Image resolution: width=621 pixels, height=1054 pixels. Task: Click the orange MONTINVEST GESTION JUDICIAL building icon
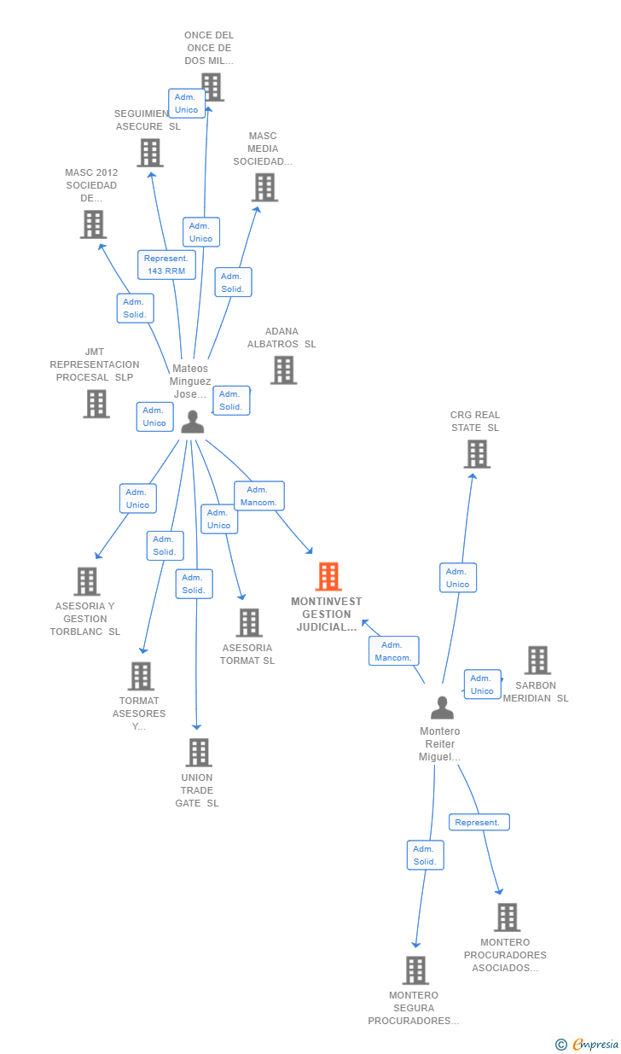pos(328,577)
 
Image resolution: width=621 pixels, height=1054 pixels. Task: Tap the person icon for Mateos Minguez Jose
pos(193,422)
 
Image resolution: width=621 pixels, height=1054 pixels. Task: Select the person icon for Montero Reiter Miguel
pos(442,708)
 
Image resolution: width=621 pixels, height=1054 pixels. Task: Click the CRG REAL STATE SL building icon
pos(477,454)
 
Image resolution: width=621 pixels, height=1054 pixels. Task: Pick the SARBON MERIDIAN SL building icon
pos(537,660)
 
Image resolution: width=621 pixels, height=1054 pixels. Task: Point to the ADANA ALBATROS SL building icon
pos(283,370)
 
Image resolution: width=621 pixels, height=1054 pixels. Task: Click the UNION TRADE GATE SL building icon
pos(199,752)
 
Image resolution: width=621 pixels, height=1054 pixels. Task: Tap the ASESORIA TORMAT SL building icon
pos(249,622)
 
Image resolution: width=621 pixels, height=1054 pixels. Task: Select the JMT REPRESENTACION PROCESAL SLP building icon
pos(96,404)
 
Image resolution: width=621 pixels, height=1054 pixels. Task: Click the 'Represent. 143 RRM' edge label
pos(166,265)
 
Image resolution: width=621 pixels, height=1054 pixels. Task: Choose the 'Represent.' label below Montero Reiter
pos(479,823)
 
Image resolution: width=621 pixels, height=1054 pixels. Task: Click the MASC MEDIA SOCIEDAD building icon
pos(264,187)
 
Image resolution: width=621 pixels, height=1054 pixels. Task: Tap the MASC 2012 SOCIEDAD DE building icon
pos(93,224)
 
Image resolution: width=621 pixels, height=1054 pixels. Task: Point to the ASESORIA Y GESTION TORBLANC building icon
pos(86,581)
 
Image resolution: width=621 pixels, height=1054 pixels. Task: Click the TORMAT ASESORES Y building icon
pos(141,676)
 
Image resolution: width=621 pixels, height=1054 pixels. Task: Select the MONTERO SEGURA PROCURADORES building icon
pos(415,970)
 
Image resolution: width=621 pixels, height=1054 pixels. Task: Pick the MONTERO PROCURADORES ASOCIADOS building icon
pos(507,917)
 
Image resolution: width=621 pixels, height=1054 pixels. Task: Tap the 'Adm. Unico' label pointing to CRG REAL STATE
pos(458,578)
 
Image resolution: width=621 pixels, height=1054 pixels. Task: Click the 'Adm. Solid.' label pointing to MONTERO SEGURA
pos(425,855)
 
